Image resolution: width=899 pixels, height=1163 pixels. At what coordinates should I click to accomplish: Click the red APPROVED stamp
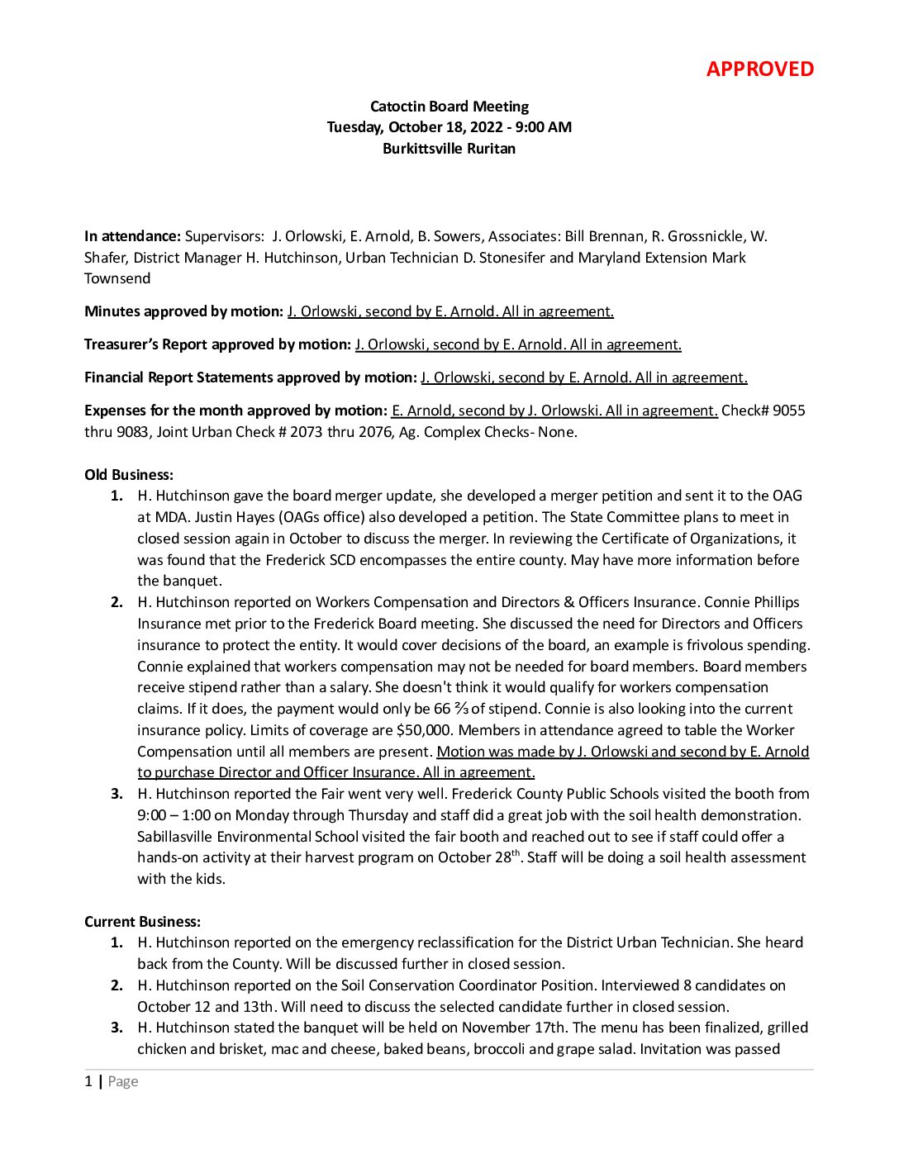point(759,69)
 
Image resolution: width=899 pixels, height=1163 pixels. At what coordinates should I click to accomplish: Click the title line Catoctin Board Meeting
point(449,107)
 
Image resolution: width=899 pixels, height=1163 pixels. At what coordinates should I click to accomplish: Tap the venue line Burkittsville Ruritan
point(449,149)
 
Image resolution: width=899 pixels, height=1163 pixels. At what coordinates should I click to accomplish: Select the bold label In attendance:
point(132,236)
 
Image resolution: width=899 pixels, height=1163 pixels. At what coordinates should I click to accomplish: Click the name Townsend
point(117,278)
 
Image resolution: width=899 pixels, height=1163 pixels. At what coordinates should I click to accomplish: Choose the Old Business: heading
point(129,475)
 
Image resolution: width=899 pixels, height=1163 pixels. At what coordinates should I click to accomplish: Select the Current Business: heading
point(142,922)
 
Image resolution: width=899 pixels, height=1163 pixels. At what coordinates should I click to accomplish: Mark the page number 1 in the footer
point(88,1082)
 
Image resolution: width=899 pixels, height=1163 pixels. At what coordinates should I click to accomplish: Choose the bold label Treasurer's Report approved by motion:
point(217,344)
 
